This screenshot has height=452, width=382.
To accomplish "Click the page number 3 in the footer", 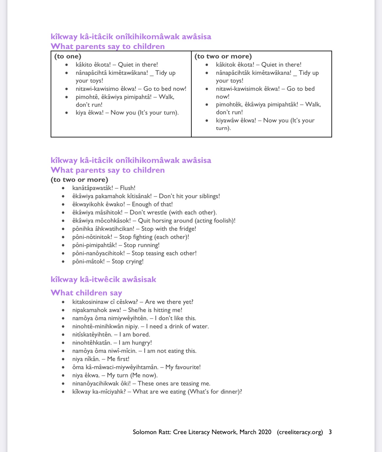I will coord(330,432).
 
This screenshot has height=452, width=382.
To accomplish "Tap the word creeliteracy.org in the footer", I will coord(300,432).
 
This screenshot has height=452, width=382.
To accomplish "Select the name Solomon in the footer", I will coord(145,432).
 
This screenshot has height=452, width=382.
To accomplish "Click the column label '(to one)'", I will coord(68,56).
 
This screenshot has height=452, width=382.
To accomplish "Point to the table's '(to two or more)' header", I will coord(223,56).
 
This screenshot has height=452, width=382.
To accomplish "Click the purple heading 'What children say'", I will coord(86,293).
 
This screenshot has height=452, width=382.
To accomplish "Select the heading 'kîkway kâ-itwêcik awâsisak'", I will coord(103,279).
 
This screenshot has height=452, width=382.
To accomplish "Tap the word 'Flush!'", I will coord(128,188).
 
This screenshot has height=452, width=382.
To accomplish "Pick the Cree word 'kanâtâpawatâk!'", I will coord(93,188).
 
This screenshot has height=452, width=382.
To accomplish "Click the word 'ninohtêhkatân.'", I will coord(92,343).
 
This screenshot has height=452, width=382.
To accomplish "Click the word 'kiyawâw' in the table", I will coord(227,120).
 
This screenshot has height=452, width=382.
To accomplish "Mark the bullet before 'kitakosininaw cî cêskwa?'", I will coord(63,302).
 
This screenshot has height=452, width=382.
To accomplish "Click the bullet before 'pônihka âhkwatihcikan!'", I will coord(63,229).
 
